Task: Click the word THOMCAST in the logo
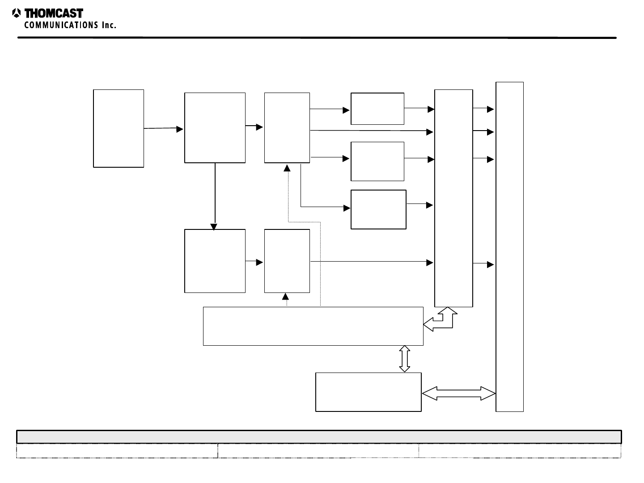click(x=54, y=13)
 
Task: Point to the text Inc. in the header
click(x=109, y=25)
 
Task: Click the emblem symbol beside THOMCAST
click(x=17, y=13)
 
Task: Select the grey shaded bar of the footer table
click(x=319, y=436)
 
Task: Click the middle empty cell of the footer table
click(x=318, y=451)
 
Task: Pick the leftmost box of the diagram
click(x=119, y=128)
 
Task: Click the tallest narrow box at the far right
click(x=509, y=246)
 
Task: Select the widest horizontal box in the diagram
click(x=313, y=326)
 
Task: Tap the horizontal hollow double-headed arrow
click(x=459, y=394)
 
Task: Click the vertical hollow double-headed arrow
click(x=404, y=359)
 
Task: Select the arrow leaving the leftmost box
click(x=163, y=129)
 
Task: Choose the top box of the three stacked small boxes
click(x=377, y=109)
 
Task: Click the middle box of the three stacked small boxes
click(x=377, y=161)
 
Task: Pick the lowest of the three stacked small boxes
click(x=378, y=209)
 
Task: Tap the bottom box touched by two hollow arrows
click(x=368, y=392)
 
